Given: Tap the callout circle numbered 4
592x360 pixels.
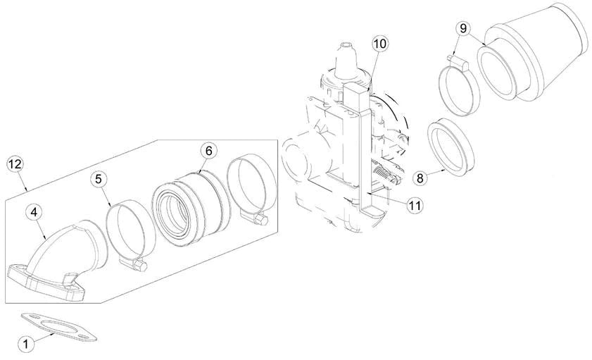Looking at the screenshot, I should [34, 211].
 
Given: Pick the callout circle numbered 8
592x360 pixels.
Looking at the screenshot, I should [420, 177].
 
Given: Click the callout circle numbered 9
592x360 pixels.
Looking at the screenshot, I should [462, 28].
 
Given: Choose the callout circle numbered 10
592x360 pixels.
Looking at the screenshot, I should [379, 44].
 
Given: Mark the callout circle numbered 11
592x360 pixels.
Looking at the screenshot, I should [415, 205].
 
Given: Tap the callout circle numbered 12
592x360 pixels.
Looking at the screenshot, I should [15, 163].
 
